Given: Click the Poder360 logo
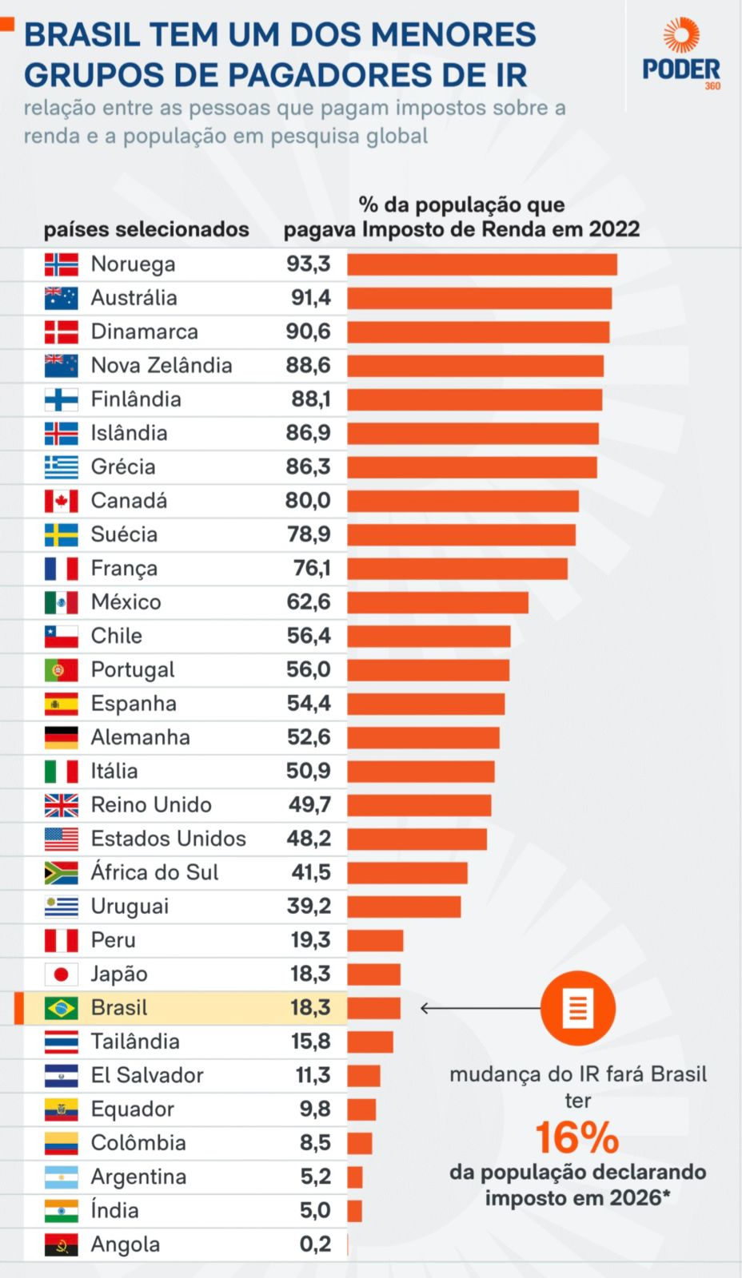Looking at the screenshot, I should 681,55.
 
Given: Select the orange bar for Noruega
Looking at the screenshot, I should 481,264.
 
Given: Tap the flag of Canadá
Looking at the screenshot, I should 62,501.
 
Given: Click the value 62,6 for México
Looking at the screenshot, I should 309,602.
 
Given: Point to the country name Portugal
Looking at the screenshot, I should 133,670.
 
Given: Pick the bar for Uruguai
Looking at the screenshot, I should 404,907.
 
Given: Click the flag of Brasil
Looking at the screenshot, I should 62,1008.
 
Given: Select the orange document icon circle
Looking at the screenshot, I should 577,1008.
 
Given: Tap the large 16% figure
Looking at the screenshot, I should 576,1137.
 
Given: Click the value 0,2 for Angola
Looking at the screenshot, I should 315,1244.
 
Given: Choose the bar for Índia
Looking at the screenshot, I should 355,1211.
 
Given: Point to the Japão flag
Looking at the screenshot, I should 62,974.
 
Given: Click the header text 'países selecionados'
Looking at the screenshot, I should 146,230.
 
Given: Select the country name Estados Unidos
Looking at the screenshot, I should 169,839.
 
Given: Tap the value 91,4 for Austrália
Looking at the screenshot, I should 310,298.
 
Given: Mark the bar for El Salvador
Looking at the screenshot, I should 364,1076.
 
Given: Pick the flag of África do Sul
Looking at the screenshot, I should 62,873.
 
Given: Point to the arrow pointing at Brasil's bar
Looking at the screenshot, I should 480,1008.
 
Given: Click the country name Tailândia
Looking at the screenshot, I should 135,1042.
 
